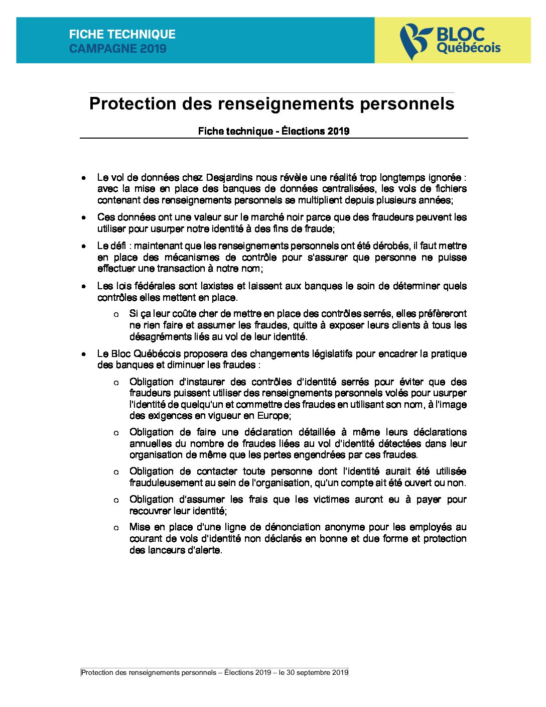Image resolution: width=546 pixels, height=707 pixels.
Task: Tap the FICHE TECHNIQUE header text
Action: [122, 34]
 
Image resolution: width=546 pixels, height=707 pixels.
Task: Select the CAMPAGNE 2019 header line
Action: [117, 49]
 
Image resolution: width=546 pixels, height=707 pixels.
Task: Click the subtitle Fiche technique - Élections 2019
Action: [274, 131]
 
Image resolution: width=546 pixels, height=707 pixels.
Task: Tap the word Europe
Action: [273, 416]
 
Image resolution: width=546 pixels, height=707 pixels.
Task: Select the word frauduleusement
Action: [166, 483]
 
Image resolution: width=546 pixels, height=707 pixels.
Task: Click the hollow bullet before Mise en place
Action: [116, 528]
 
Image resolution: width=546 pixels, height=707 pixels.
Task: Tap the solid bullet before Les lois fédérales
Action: [84, 286]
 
